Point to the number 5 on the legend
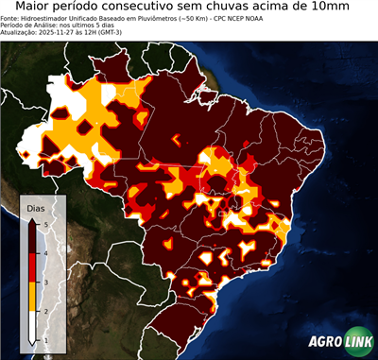coord(47,223)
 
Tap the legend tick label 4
coord(47,252)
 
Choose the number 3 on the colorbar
coord(47,282)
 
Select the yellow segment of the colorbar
coord(33,296)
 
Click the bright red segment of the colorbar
coord(33,267)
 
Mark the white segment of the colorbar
coord(33,326)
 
